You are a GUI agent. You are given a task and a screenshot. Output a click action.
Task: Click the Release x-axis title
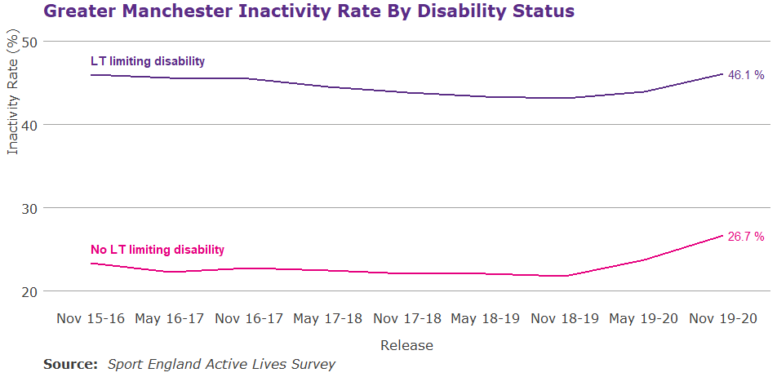pyautogui.click(x=406, y=345)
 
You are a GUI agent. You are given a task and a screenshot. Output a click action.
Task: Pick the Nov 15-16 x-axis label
pyautogui.click(x=91, y=317)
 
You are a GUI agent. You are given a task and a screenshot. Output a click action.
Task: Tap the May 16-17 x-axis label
pyautogui.click(x=170, y=317)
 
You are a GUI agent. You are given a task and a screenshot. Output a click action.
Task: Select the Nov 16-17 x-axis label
pyautogui.click(x=249, y=317)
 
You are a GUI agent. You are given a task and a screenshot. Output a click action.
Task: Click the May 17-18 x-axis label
pyautogui.click(x=328, y=317)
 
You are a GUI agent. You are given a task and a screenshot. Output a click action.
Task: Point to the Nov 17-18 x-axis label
pyautogui.click(x=407, y=317)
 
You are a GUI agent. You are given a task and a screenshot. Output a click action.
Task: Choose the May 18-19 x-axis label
pyautogui.click(x=486, y=317)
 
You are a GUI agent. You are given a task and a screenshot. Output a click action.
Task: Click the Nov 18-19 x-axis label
pyautogui.click(x=566, y=317)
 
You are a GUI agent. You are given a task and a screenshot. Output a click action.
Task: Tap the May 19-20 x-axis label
pyautogui.click(x=645, y=317)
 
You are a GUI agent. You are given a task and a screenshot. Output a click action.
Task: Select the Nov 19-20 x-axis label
pyautogui.click(x=723, y=317)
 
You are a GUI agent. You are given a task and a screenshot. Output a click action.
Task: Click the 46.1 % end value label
pyautogui.click(x=746, y=75)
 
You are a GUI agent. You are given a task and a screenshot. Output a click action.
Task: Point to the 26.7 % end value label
pyautogui.click(x=746, y=237)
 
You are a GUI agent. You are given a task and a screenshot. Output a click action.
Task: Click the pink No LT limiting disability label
pyautogui.click(x=158, y=250)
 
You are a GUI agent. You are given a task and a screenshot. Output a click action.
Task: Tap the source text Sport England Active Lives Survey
pyautogui.click(x=221, y=364)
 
